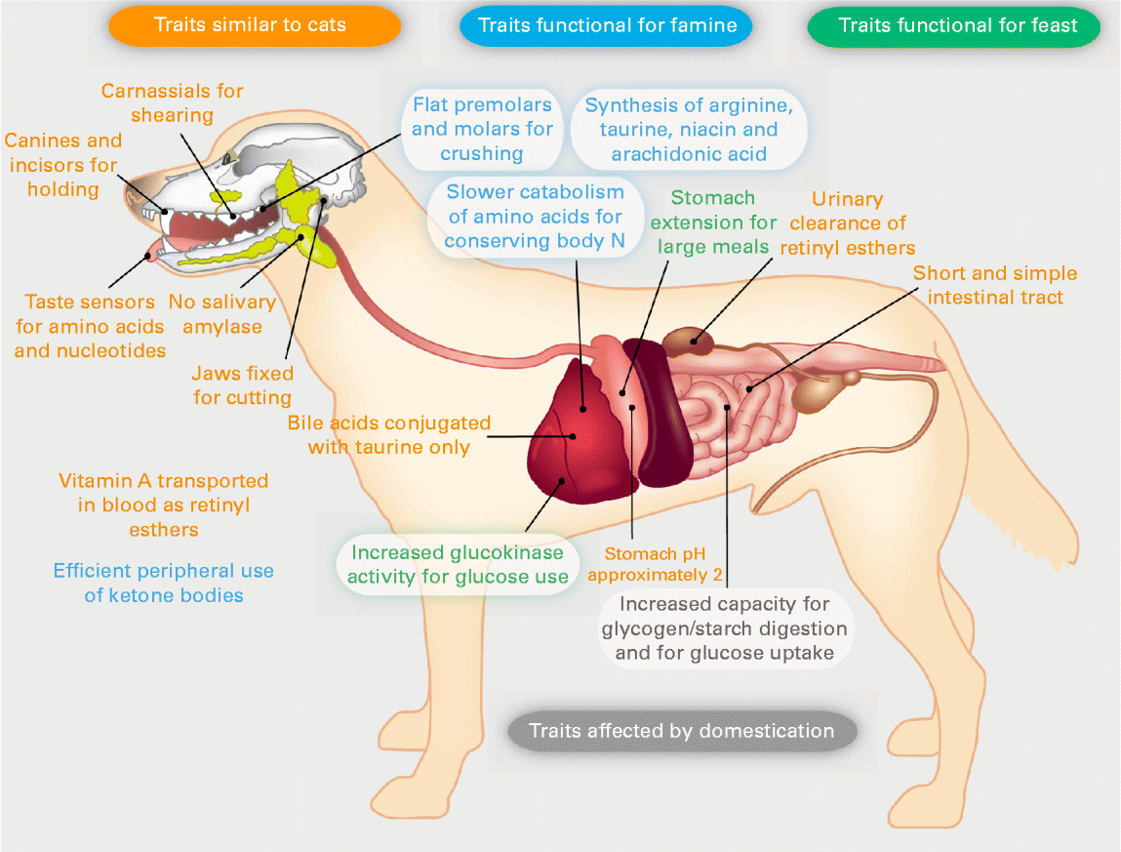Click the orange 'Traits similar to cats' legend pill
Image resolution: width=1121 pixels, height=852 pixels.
[254, 25]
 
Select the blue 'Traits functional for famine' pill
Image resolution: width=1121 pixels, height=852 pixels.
[606, 26]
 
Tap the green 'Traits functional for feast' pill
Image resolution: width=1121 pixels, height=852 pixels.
[954, 26]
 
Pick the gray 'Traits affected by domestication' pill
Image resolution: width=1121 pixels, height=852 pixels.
[682, 731]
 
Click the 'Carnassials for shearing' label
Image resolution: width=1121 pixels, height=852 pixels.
[172, 103]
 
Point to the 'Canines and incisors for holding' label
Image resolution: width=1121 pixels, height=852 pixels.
[63, 165]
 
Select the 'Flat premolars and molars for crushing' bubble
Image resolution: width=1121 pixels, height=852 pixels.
[482, 130]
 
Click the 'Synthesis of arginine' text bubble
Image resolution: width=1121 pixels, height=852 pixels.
[689, 130]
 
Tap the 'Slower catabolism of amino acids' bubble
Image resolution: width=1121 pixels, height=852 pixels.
[535, 216]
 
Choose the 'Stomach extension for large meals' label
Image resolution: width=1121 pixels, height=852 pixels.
[713, 222]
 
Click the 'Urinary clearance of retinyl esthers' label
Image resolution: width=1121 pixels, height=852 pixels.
[847, 223]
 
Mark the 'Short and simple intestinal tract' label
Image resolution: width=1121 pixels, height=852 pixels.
[994, 285]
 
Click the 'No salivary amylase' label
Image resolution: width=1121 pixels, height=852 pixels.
[222, 314]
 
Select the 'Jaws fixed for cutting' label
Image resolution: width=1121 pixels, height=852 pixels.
[242, 385]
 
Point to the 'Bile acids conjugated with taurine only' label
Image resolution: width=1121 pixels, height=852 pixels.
[389, 435]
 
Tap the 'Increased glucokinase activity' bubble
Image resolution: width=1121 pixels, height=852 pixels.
[458, 564]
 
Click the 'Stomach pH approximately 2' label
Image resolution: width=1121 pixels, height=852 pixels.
[655, 564]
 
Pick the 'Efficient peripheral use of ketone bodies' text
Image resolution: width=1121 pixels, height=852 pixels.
[164, 583]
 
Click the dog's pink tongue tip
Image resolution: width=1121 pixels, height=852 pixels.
[149, 255]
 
